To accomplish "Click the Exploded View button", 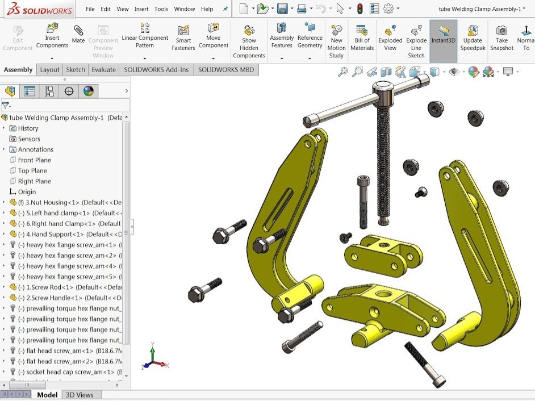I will [390, 37].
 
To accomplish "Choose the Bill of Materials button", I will [362, 37].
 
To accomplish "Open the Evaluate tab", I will [103, 70].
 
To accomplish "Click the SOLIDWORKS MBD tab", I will [226, 70].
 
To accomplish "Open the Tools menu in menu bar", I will [161, 9].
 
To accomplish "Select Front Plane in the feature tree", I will [34, 160].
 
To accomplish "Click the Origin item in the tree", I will [27, 192].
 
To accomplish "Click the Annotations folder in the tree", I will [35, 149].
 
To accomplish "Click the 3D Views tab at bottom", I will [80, 395].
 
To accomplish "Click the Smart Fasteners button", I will [183, 37].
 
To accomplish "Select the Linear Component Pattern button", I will [145, 35].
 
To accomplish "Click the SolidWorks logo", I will [37, 10].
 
